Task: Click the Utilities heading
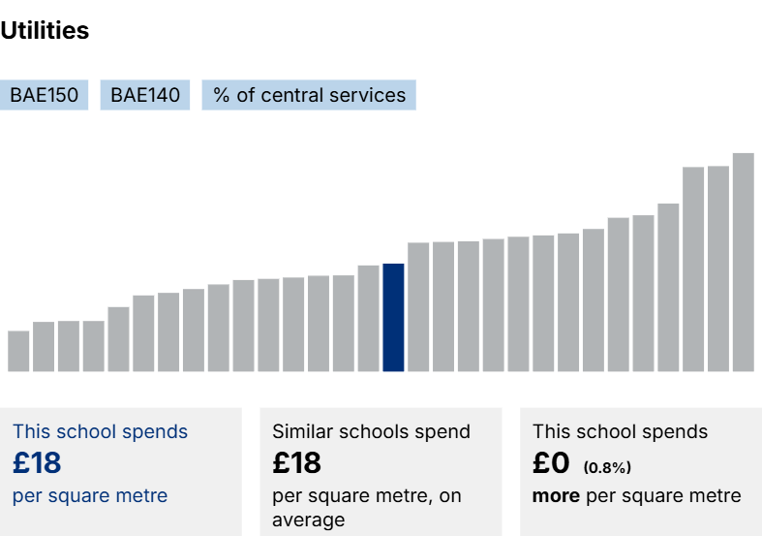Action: coord(45,31)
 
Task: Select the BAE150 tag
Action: coord(45,95)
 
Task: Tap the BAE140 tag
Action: coord(145,95)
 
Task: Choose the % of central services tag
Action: coord(309,95)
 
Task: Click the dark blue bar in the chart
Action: coord(393,318)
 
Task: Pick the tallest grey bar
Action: coord(743,262)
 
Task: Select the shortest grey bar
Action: coord(18,351)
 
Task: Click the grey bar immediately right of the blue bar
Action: coord(418,307)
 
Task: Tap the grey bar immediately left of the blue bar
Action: coord(368,318)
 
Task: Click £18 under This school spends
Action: coord(37,463)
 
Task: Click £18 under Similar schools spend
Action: coord(296,463)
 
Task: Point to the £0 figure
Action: coord(551,463)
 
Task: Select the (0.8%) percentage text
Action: coord(607,468)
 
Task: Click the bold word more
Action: coord(556,496)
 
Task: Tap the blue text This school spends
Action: coord(100,432)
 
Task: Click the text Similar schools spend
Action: coord(371,432)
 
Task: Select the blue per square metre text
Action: coord(90,496)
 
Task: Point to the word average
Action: coord(308,520)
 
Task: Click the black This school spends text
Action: coord(620,432)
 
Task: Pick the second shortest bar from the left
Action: coord(44,346)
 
